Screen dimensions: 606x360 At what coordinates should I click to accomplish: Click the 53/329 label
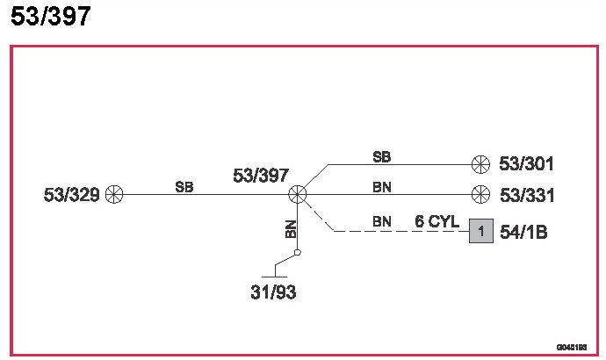tap(72, 195)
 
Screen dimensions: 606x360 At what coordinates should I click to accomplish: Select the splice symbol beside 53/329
tap(114, 195)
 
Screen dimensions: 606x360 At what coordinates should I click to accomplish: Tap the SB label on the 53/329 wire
tap(184, 186)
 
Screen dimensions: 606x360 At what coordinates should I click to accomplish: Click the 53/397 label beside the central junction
tap(261, 176)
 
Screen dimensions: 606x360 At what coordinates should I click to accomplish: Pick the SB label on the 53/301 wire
tap(381, 157)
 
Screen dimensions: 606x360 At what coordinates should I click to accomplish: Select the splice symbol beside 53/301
tap(480, 163)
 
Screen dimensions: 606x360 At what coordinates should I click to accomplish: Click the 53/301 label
tap(526, 163)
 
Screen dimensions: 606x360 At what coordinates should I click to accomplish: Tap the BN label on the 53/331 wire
tap(381, 187)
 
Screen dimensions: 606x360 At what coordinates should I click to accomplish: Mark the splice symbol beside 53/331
tap(480, 195)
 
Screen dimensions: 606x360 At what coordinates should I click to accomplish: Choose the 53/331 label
tap(526, 195)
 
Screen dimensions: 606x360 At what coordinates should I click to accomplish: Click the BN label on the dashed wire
tap(381, 221)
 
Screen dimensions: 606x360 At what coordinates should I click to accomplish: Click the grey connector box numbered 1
tap(480, 232)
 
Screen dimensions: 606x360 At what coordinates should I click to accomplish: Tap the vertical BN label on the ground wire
tap(291, 229)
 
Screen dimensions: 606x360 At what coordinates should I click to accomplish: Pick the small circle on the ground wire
tap(298, 253)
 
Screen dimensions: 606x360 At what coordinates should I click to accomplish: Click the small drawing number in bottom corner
tap(571, 347)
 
